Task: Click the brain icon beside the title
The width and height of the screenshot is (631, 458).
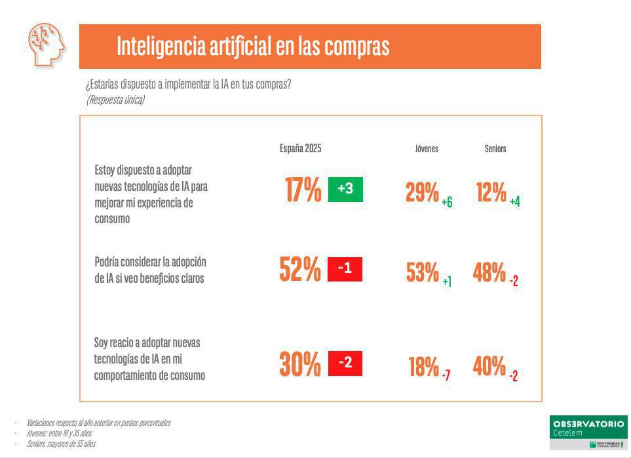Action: click(x=47, y=44)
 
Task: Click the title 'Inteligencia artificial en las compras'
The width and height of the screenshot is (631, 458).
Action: click(x=253, y=47)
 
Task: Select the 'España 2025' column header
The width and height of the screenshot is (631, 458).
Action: click(x=300, y=148)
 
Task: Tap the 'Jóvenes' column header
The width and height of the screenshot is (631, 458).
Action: click(x=427, y=149)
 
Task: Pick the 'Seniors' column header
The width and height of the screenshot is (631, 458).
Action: click(x=495, y=149)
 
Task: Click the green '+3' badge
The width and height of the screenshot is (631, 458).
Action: click(x=345, y=190)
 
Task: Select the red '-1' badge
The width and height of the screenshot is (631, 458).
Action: click(x=345, y=269)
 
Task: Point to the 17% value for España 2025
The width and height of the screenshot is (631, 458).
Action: click(x=303, y=190)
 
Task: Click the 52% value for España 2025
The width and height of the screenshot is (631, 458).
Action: click(x=300, y=270)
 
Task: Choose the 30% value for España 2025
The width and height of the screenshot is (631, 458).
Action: click(x=300, y=365)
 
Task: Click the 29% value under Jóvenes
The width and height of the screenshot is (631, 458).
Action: click(x=422, y=193)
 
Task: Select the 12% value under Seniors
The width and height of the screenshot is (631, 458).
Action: click(x=491, y=193)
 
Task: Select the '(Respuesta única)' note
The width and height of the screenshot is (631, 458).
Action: click(x=115, y=100)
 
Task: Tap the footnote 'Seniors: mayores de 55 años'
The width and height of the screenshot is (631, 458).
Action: click(x=61, y=444)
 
